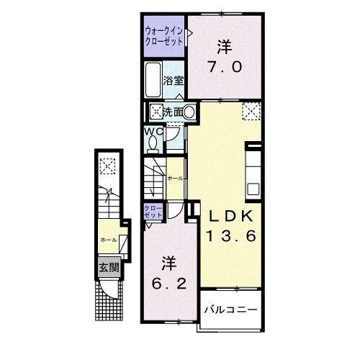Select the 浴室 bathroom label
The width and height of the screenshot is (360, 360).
(x=174, y=81)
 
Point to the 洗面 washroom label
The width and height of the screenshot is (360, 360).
(x=172, y=112)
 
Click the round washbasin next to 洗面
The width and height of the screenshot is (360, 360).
(x=189, y=112)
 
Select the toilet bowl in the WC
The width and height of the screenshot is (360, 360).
(x=153, y=143)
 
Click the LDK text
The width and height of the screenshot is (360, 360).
(x=230, y=215)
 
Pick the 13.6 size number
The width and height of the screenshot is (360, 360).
(x=230, y=235)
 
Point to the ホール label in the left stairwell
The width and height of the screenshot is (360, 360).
(x=107, y=240)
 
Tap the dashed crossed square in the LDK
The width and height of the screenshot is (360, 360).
(x=251, y=110)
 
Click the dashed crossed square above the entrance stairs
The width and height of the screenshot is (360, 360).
(x=107, y=166)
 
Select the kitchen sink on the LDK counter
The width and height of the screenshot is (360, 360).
(x=253, y=189)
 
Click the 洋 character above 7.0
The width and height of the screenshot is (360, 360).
(x=225, y=45)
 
